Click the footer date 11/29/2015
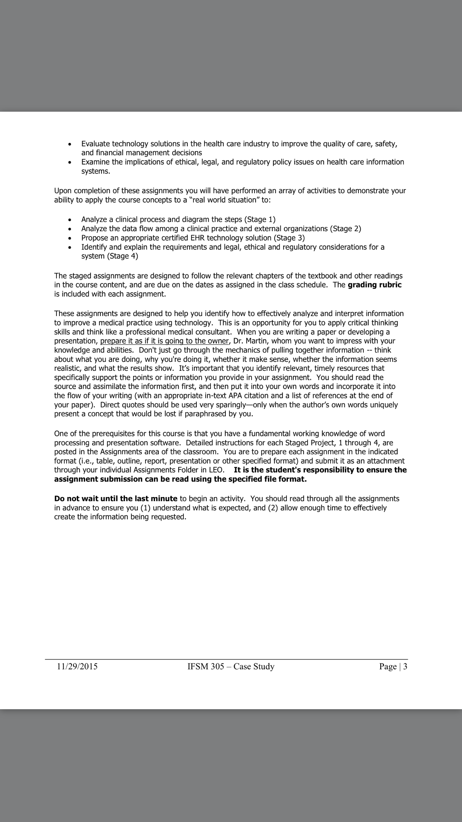pyautogui.click(x=77, y=666)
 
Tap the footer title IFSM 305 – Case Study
pyautogui.click(x=231, y=666)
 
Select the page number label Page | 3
pyautogui.click(x=393, y=666)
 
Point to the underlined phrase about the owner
pyautogui.click(x=164, y=341)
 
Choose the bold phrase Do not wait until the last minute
pyautogui.click(x=116, y=498)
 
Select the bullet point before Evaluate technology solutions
pyautogui.click(x=70, y=144)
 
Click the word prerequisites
pyautogui.click(x=124, y=434)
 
